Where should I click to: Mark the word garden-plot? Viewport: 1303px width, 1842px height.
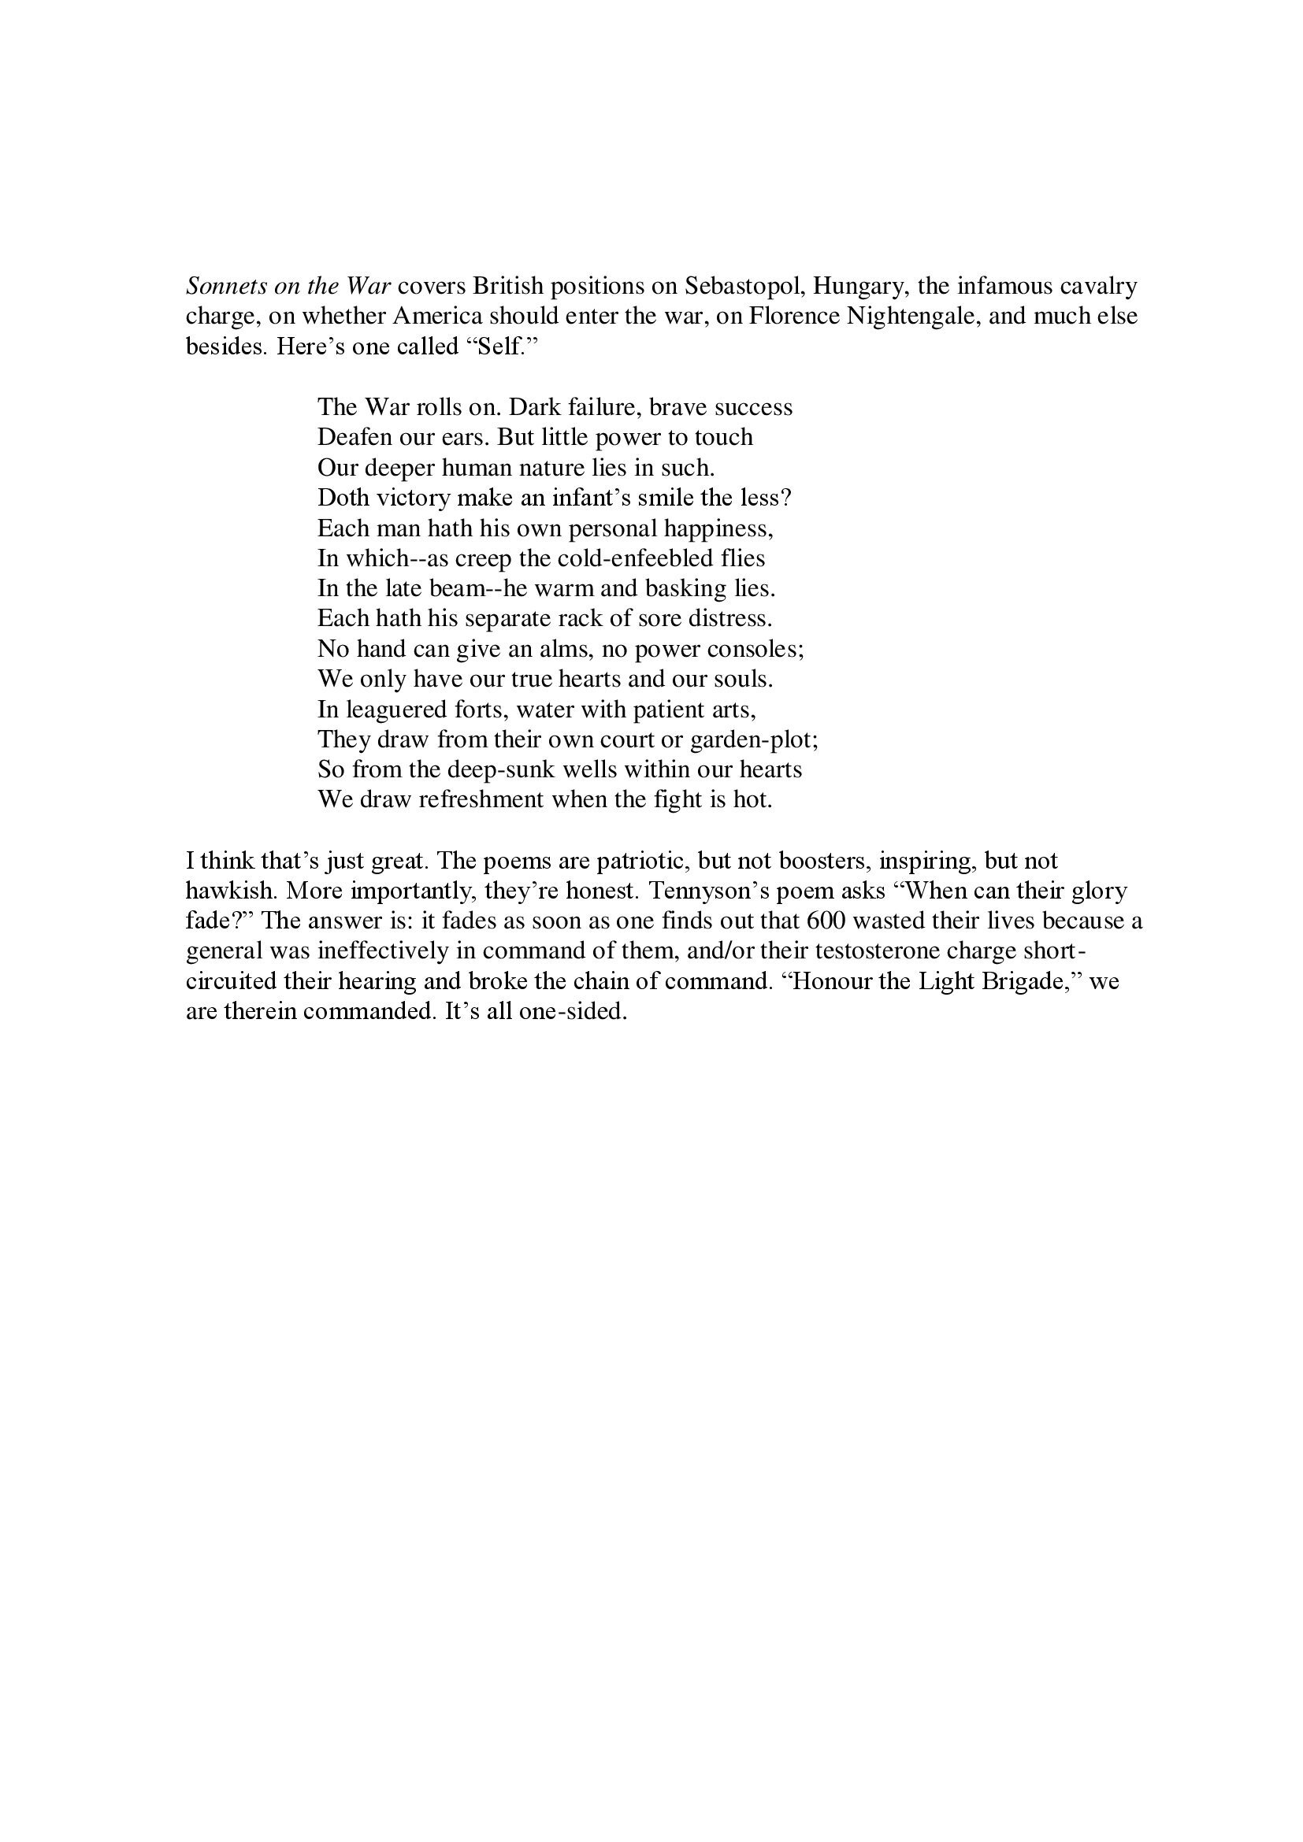[x=752, y=739]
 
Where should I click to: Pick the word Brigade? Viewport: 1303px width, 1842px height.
[x=1029, y=982]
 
